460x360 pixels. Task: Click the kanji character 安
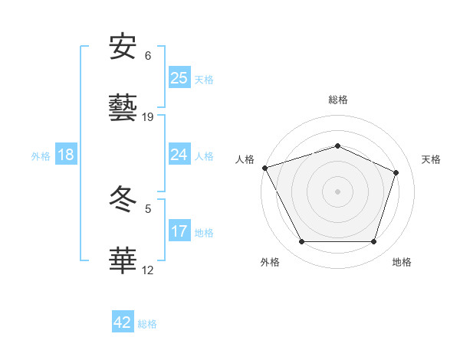tap(123, 47)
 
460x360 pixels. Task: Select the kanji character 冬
tap(123, 199)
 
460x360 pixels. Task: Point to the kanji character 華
tap(123, 260)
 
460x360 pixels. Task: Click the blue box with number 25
tap(179, 78)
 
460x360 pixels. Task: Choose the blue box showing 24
tap(179, 155)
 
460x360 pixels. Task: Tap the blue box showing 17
tap(179, 231)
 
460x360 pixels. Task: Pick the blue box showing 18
tap(66, 155)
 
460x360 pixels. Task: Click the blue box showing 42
tap(123, 322)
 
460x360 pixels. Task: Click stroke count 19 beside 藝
tap(148, 117)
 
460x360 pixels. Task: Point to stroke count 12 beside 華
tap(148, 270)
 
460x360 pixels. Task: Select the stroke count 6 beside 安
tap(148, 56)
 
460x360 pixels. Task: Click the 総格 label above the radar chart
tap(338, 100)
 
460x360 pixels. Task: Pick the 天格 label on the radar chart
tap(432, 159)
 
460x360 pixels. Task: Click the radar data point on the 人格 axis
tap(264, 168)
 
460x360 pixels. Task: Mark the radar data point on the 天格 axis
tap(396, 172)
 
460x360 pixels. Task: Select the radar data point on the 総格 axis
tap(338, 146)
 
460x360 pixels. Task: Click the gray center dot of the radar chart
tap(338, 191)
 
